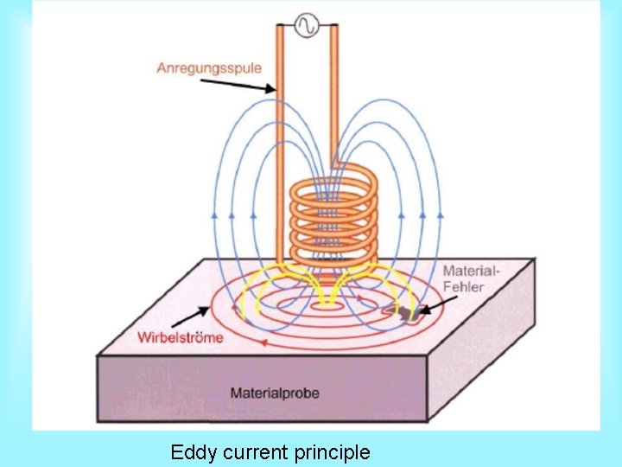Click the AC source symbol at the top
(306, 26)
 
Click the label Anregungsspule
(209, 67)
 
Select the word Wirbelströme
(181, 337)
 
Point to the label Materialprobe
(275, 393)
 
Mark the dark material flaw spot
(406, 310)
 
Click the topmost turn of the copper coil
(333, 184)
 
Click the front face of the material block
(259, 389)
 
